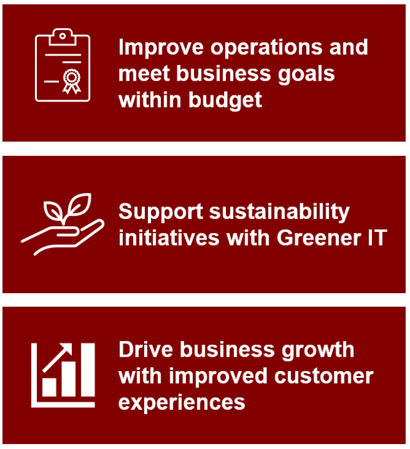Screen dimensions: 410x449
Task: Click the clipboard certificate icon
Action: [62, 65]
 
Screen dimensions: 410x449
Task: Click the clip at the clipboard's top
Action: [62, 37]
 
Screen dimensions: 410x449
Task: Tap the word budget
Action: [225, 100]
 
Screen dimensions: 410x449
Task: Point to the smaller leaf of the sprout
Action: [53, 210]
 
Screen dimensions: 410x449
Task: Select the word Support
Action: [161, 212]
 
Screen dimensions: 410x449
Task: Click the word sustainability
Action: [280, 212]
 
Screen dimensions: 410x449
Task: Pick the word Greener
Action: [319, 238]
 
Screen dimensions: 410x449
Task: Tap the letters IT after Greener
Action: [378, 238]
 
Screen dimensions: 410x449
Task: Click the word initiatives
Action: [169, 238]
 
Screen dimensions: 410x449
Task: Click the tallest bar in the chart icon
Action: [87, 370]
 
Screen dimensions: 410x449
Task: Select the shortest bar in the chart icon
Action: [49, 387]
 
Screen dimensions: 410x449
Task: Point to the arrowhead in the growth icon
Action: [67, 349]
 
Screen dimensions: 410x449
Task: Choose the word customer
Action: [324, 376]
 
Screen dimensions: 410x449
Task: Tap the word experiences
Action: [182, 403]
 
